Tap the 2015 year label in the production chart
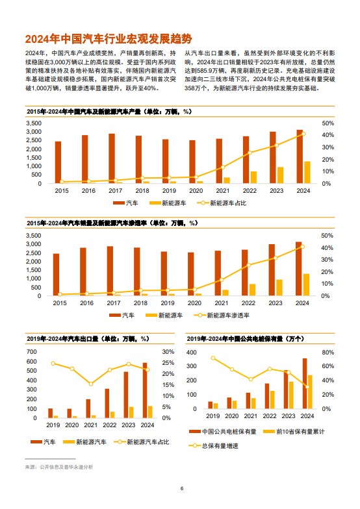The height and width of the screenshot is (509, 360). pos(61,191)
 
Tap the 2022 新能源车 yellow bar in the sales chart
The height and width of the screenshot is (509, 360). pos(253,289)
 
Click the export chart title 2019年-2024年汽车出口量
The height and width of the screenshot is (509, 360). pos(88,338)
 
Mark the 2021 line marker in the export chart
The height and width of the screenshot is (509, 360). pos(90,384)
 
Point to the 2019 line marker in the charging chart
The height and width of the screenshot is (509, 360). pos(212,358)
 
